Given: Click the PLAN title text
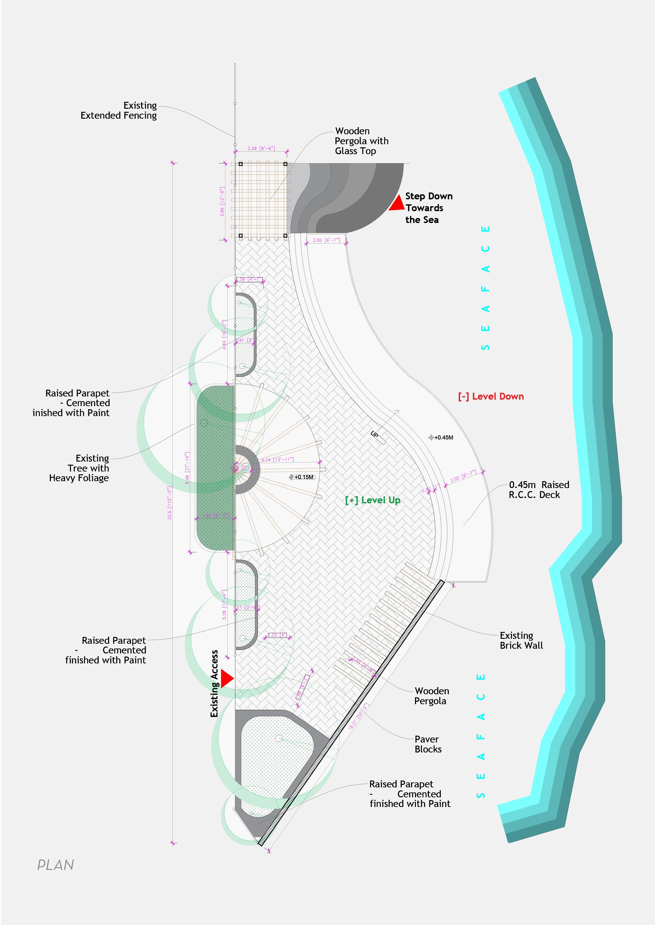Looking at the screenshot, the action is pos(56,865).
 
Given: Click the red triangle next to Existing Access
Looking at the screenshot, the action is pos(226,679).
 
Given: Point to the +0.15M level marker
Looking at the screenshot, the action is pos(301,477).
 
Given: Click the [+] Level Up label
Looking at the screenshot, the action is pos(373,500).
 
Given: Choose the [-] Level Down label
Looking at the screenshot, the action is pos(491,396).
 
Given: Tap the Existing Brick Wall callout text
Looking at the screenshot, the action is pos(521,641).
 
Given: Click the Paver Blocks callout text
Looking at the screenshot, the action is pos(428,744).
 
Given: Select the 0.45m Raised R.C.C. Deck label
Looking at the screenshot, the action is pos(539,490).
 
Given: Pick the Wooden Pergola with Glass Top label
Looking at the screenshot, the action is pos(361,141).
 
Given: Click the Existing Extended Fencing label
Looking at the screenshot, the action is pos(119,111).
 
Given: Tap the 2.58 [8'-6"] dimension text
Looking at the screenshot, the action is pos(261,149).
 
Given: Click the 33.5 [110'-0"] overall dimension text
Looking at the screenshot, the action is pos(170,503).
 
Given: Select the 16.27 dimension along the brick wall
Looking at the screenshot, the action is pos(358,716).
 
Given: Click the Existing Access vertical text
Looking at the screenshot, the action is pos(214,684).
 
